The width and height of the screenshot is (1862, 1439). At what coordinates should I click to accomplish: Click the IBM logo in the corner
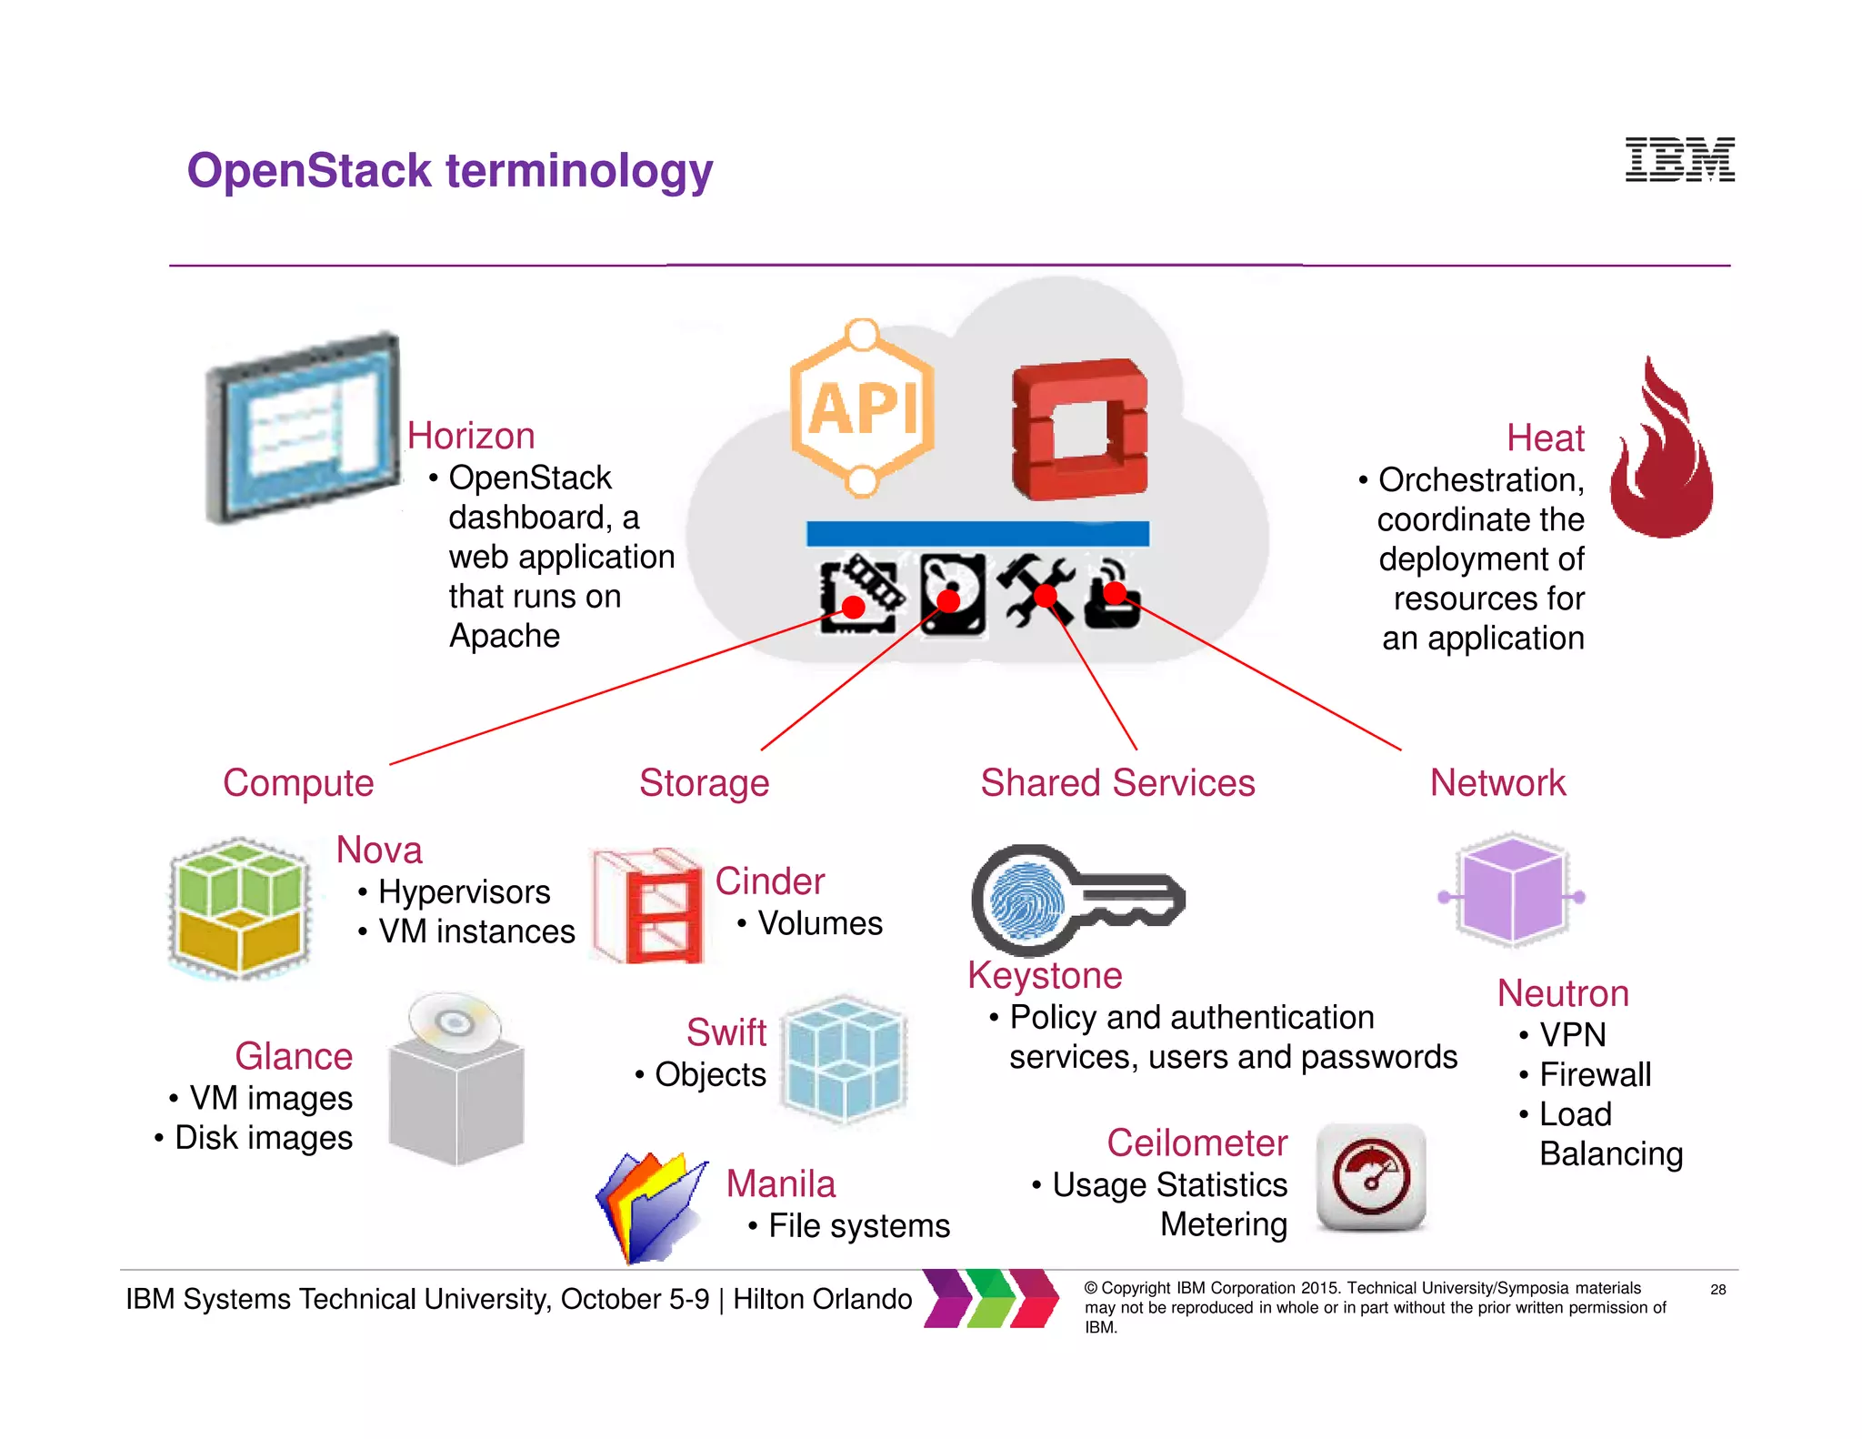1679,160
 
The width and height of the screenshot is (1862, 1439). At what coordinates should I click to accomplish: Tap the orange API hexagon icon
862,409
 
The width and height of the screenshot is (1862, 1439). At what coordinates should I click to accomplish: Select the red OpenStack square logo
1079,429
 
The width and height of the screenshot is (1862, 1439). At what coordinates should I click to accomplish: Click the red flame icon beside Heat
1661,452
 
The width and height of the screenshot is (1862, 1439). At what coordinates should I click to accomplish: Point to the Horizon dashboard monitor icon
304,428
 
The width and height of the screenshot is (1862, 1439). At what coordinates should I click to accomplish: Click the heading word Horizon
471,436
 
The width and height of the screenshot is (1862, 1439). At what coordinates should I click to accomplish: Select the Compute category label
298,782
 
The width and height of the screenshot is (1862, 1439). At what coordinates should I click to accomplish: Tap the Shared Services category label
1117,782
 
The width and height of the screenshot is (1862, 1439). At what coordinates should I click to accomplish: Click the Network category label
1497,782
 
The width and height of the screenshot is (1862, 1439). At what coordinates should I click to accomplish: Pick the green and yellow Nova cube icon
240,908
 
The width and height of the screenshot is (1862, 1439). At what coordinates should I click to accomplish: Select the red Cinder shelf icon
648,906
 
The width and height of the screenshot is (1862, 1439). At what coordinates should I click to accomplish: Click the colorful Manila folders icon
650,1206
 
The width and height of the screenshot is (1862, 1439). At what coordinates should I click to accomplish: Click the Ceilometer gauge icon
1371,1177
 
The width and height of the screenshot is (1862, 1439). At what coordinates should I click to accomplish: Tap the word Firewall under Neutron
1595,1074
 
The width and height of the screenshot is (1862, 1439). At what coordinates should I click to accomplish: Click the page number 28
1717,1289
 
